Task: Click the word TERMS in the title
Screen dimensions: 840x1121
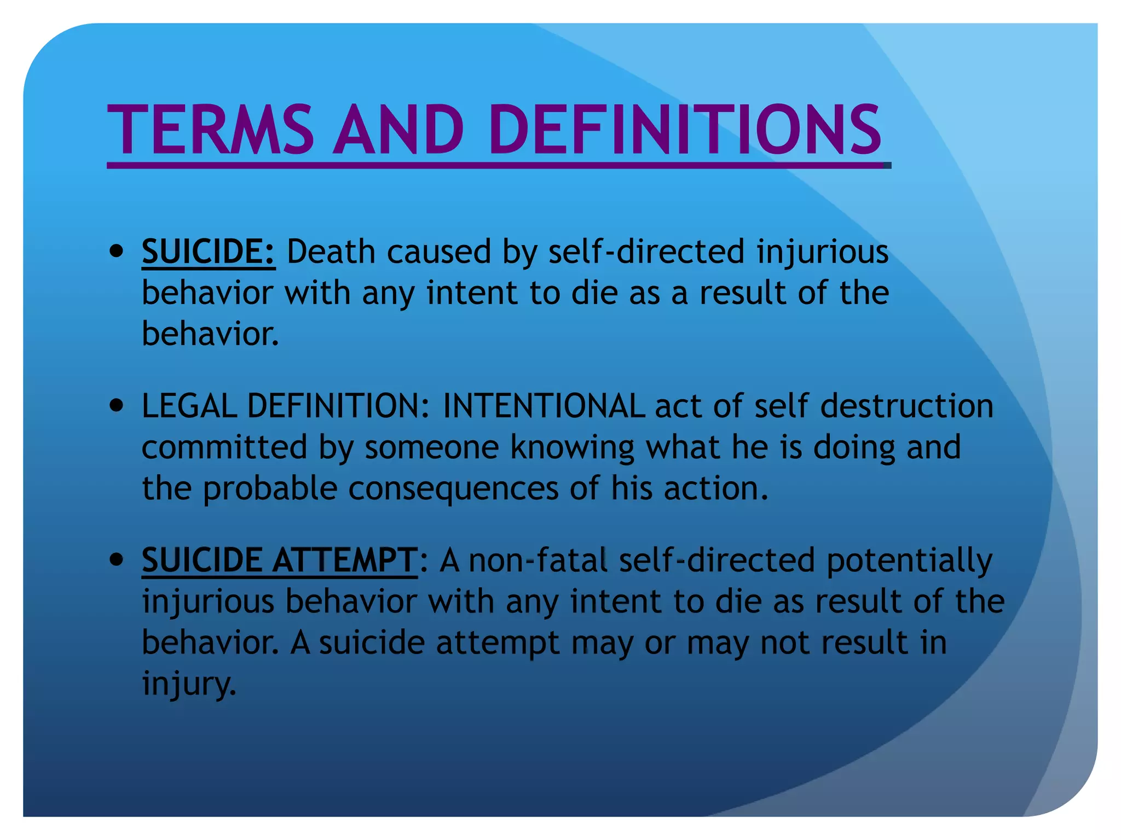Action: click(x=210, y=130)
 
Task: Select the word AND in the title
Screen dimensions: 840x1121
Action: click(x=400, y=130)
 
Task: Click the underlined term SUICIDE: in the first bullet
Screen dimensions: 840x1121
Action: click(x=208, y=252)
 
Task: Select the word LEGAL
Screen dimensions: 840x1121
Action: click(x=189, y=406)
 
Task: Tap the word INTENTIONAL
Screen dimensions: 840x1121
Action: click(x=544, y=406)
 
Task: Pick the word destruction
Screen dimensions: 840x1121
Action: click(x=906, y=406)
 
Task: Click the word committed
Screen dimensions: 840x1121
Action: click(x=224, y=447)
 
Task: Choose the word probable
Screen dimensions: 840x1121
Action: click(x=270, y=488)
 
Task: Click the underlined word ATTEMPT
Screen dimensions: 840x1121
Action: click(x=344, y=561)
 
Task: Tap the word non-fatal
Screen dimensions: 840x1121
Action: click(x=538, y=561)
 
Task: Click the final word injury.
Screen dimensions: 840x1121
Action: click(x=189, y=684)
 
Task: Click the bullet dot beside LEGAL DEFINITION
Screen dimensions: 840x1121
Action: click(x=116, y=406)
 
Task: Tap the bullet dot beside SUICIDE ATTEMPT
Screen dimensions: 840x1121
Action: click(x=116, y=561)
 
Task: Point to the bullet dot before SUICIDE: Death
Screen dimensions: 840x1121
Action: click(x=116, y=252)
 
